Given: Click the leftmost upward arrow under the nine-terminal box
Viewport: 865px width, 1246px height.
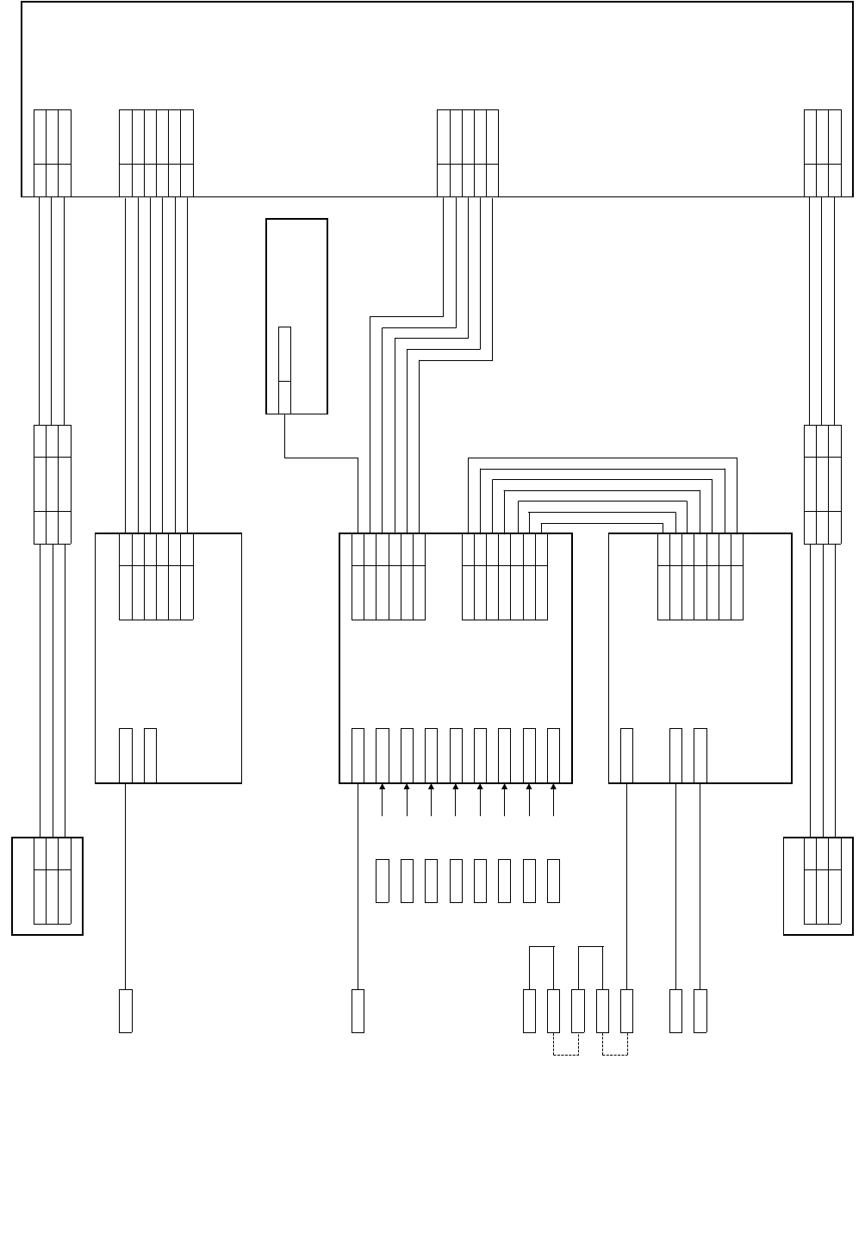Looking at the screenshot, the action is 382,799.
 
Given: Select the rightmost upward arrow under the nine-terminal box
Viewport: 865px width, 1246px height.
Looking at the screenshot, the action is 553,799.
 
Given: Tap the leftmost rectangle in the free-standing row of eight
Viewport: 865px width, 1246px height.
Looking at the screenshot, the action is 383,881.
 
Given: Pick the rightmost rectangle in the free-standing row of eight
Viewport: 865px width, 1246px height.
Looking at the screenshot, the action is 554,881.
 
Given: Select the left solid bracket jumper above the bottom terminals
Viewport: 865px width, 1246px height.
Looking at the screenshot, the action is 541,947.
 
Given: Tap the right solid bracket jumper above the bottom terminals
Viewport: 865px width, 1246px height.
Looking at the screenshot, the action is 591,947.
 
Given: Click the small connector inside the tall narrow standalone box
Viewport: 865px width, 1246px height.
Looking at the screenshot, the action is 284,370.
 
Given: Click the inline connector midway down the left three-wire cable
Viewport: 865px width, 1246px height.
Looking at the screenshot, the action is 52,484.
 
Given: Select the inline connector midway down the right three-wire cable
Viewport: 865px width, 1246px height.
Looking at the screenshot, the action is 822,484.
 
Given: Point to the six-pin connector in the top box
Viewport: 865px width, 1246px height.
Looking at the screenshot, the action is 156,153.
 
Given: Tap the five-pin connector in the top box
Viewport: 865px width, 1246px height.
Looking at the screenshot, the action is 468,153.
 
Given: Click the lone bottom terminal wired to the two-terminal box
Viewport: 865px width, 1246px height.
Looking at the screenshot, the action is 126,1011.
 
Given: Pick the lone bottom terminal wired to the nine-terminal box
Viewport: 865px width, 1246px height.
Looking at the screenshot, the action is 358,1011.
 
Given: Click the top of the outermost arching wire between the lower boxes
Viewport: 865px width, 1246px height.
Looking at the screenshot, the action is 603,458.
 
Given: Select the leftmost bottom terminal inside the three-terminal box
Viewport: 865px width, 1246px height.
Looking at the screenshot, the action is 627,755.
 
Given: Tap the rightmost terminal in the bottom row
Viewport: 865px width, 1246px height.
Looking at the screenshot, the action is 700,1011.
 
